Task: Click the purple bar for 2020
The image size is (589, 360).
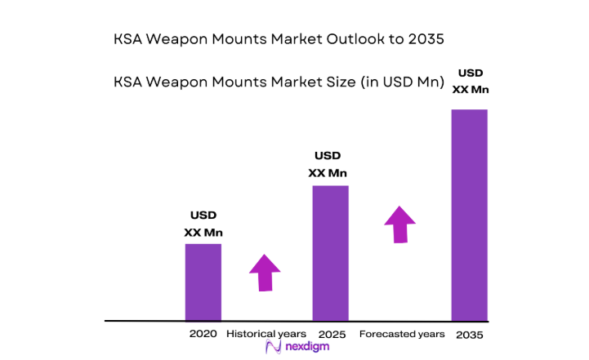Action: (203, 282)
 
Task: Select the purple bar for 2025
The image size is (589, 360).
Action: (331, 253)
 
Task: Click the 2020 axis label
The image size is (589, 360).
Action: (203, 335)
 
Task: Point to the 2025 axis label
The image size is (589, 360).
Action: (332, 335)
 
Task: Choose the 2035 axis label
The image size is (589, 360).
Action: (470, 335)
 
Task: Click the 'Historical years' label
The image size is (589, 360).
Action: (266, 334)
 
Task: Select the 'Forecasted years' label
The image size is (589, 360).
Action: (402, 334)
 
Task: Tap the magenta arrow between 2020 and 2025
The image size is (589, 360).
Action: (265, 273)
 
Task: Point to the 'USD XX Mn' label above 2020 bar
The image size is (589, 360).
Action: (203, 224)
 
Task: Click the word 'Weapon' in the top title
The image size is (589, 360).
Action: (174, 38)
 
